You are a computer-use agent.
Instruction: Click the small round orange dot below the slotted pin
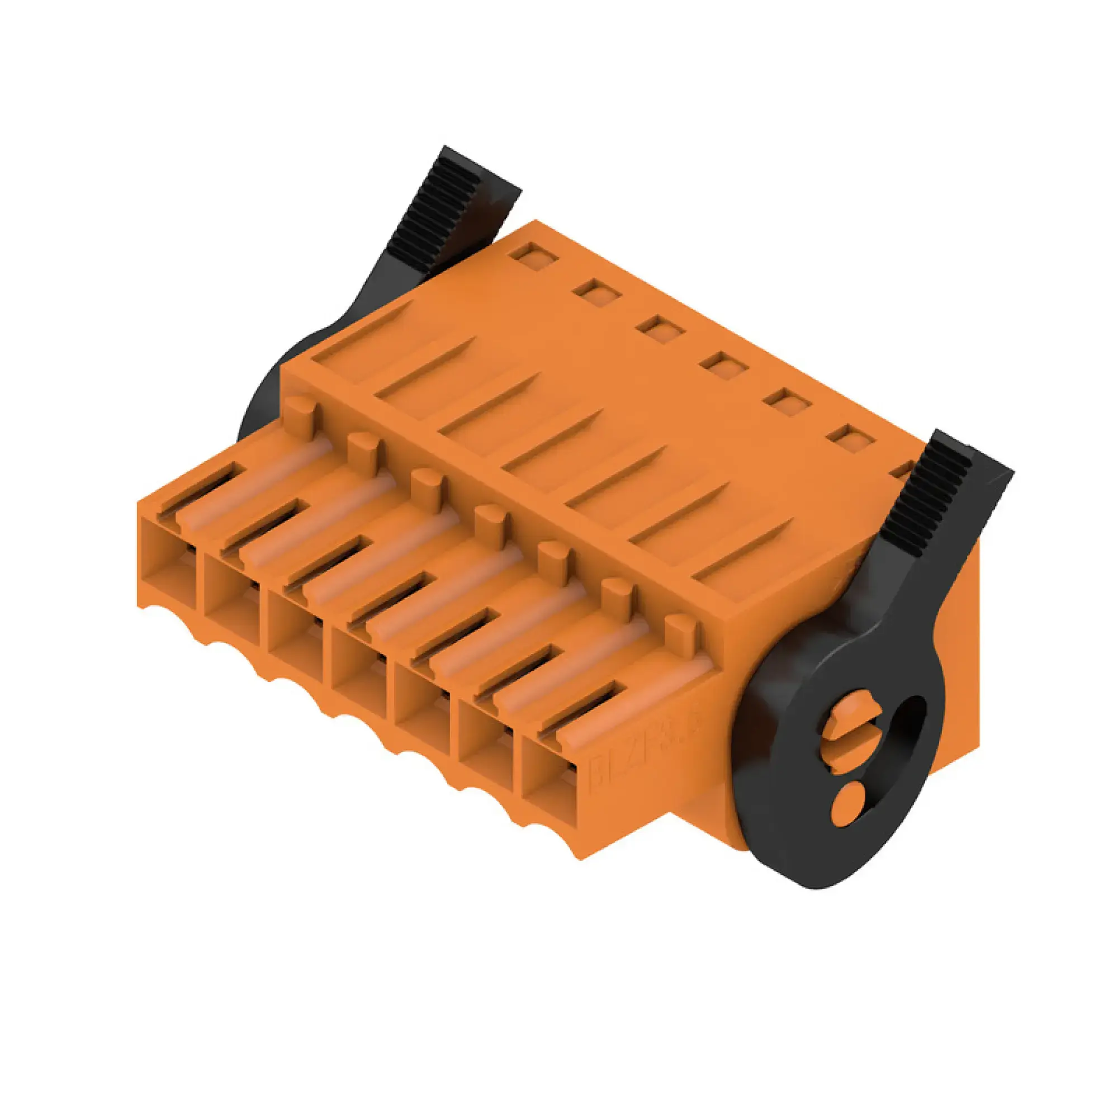point(845,803)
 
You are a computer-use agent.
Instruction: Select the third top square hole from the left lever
point(661,328)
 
